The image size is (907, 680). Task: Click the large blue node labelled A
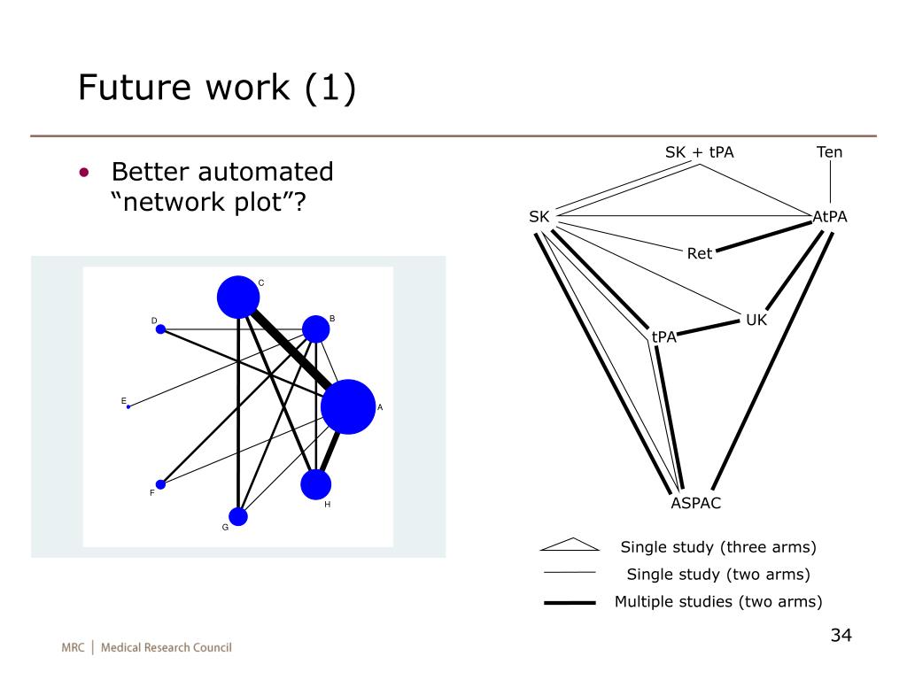tap(348, 406)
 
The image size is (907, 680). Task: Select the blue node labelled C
tap(238, 297)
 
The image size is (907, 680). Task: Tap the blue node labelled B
tap(316, 329)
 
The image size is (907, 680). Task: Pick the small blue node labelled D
tap(160, 329)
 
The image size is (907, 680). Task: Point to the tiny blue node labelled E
tap(128, 406)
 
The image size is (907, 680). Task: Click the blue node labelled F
tap(160, 484)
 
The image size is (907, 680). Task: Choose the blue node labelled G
tap(238, 516)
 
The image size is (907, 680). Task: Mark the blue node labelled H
tap(316, 484)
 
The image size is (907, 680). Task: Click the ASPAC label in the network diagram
tap(695, 504)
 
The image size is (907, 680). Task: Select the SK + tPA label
tap(700, 152)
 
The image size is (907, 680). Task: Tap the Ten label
tap(829, 152)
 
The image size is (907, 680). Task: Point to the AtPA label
tap(830, 217)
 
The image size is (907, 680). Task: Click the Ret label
tap(700, 254)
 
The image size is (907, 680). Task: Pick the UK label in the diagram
tap(756, 321)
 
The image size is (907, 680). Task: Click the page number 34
tap(841, 636)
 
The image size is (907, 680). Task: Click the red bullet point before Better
tap(83, 172)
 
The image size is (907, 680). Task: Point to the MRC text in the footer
tap(73, 647)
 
